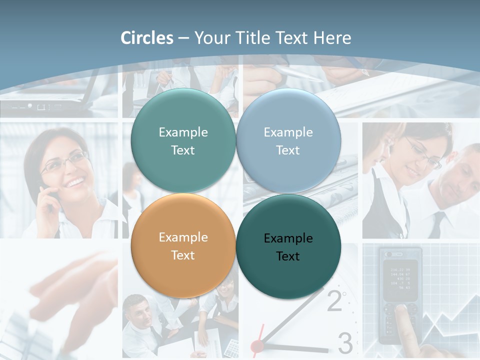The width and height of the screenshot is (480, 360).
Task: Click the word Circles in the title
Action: coord(147,38)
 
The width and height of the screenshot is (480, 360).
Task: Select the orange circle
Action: coord(183,245)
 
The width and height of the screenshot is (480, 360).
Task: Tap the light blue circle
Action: coord(288,140)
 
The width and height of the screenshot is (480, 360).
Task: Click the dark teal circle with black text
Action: coord(288,246)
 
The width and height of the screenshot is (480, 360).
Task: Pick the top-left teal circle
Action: coord(183,140)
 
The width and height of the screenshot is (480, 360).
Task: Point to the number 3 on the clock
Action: coord(345,342)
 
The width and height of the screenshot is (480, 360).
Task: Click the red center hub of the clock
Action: coord(257,345)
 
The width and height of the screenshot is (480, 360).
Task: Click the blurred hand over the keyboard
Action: coord(75,290)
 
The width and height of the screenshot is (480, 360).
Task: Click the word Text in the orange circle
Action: coord(183,255)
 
